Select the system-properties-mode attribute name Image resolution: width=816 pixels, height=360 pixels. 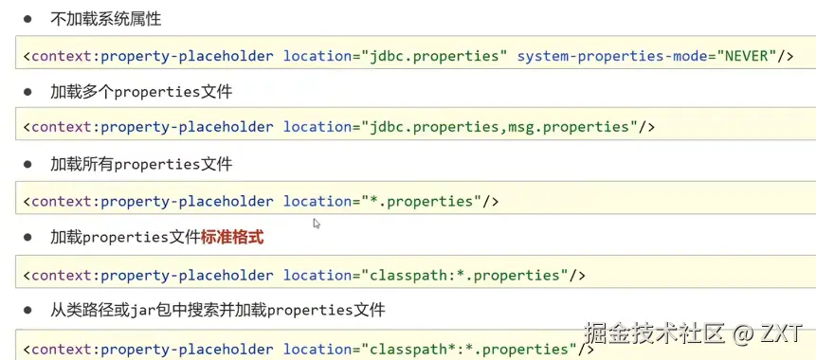[x=611, y=56]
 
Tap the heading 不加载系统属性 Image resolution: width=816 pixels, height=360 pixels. [x=105, y=19]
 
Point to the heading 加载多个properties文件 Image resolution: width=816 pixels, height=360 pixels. [x=141, y=92]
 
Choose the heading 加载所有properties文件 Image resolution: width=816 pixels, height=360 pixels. [x=141, y=165]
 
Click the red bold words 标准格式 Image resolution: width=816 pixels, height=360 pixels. [x=232, y=238]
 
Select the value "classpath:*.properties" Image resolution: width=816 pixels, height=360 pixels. [x=464, y=275]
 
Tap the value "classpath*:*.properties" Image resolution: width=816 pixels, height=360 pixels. [x=469, y=348]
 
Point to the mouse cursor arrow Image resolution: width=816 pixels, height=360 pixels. [x=316, y=224]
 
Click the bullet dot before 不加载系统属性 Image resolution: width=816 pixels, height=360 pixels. [x=27, y=19]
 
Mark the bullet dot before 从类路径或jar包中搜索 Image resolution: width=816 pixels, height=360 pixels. [x=27, y=311]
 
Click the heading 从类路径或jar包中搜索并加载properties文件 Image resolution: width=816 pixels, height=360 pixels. [x=218, y=311]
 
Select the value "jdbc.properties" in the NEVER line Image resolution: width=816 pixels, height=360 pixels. [x=435, y=56]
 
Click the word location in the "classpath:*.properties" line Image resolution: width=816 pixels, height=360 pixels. [x=317, y=275]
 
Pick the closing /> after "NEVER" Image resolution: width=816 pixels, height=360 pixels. [x=786, y=56]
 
